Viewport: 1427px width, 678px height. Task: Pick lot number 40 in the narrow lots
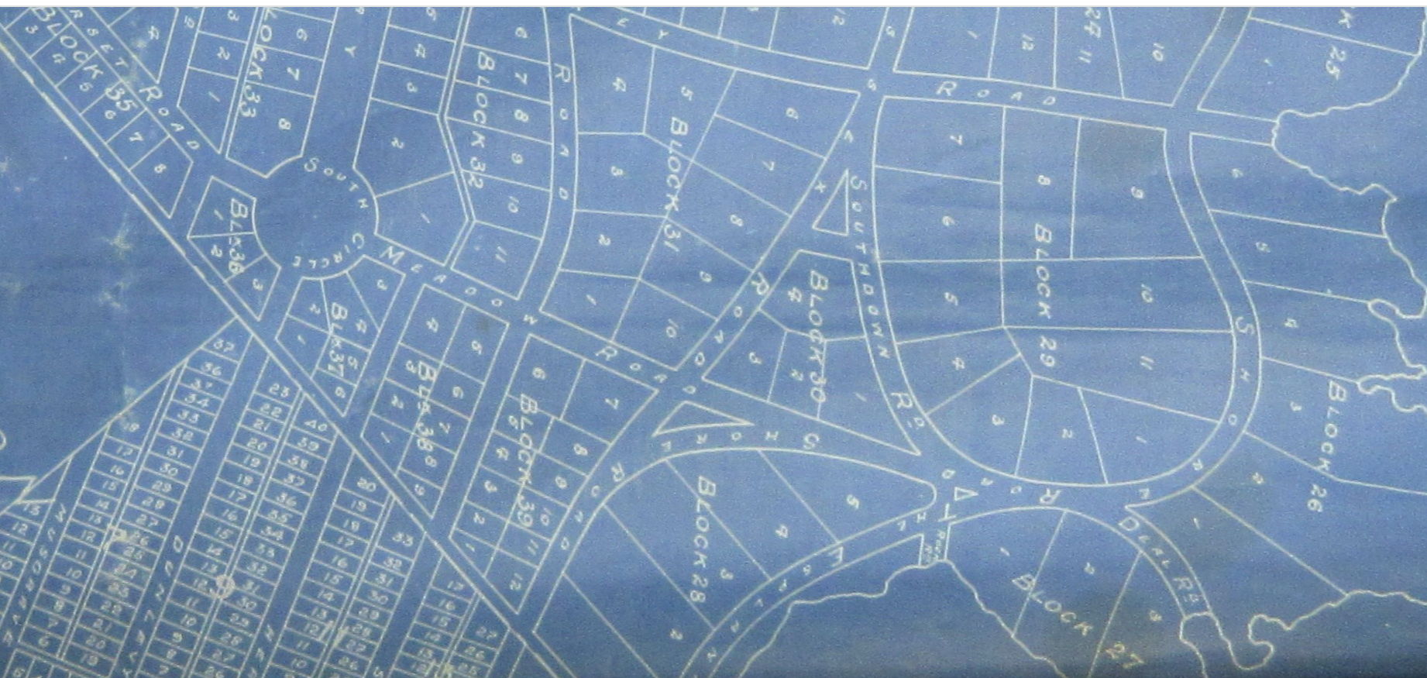[x=315, y=425]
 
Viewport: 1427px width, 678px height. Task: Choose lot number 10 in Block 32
[x=513, y=206]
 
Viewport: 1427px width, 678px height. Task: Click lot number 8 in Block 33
[x=284, y=125]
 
